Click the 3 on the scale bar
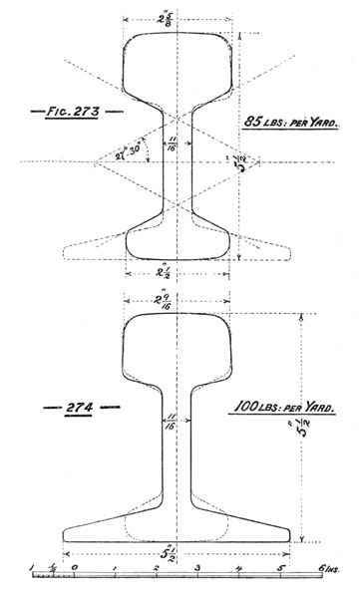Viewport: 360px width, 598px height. (197, 568)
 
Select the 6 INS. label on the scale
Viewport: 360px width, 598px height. (326, 568)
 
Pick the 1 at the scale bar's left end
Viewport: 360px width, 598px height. (33, 568)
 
